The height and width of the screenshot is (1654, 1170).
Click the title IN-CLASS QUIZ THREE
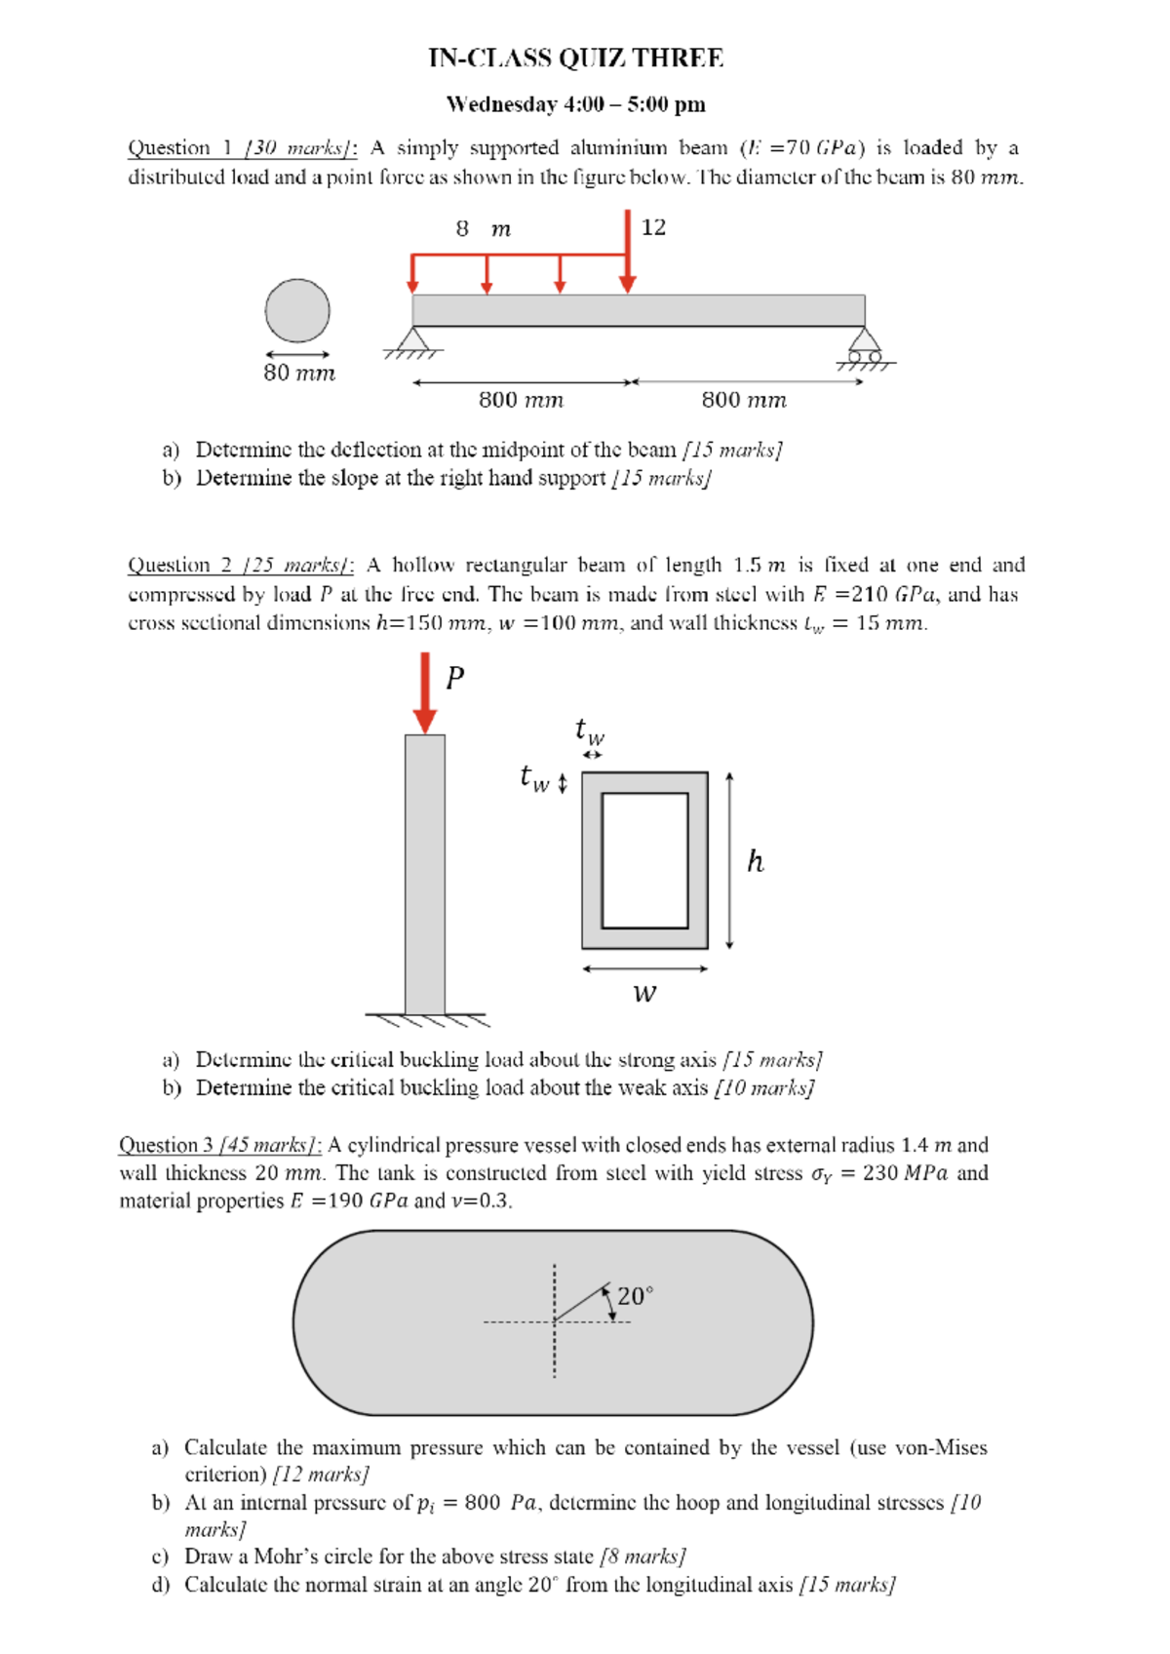[x=575, y=59]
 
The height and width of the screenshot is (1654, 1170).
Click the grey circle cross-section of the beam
[x=297, y=311]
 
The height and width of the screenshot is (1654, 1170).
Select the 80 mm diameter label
[x=299, y=373]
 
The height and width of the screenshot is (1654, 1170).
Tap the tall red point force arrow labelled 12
[x=628, y=252]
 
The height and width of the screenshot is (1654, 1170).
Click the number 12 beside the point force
[x=653, y=227]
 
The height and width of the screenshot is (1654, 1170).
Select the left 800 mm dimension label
[x=521, y=400]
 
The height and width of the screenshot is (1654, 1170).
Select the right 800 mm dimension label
[x=744, y=400]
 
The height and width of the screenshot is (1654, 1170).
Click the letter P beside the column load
[x=454, y=678]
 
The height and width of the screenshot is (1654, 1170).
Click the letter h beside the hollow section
[x=755, y=861]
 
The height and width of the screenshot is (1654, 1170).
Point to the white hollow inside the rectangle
[x=644, y=860]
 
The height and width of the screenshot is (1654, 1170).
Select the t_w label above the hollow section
[x=590, y=729]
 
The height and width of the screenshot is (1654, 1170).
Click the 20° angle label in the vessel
[x=635, y=1296]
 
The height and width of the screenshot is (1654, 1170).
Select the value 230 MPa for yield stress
[x=904, y=1173]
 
